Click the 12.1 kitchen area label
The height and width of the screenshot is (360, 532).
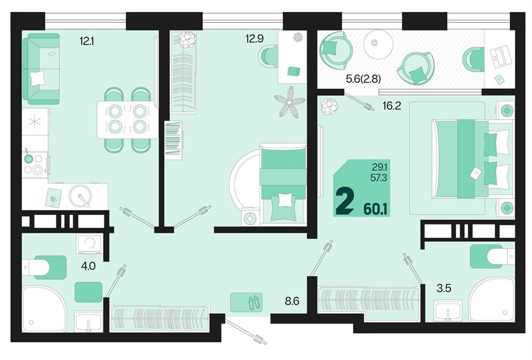click(x=86, y=41)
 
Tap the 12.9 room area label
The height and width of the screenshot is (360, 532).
click(x=254, y=38)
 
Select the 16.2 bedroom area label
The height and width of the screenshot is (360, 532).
click(x=392, y=106)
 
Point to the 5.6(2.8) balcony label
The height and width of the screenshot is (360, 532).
click(x=363, y=79)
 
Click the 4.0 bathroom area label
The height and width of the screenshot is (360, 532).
click(x=88, y=266)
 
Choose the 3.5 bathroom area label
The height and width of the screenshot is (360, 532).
click(x=444, y=289)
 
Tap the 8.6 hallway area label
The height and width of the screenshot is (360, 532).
click(x=291, y=301)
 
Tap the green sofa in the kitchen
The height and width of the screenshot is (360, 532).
click(x=41, y=69)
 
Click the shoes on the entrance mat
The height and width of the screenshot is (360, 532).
click(x=253, y=302)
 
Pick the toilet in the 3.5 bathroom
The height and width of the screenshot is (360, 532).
click(x=492, y=256)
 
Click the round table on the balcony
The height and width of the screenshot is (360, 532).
click(x=378, y=43)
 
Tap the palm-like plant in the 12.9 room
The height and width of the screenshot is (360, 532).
click(x=290, y=102)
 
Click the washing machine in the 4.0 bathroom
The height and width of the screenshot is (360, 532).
click(x=89, y=244)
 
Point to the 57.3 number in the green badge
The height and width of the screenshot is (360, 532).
click(x=378, y=177)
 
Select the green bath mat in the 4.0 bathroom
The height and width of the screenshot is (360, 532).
click(x=89, y=292)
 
